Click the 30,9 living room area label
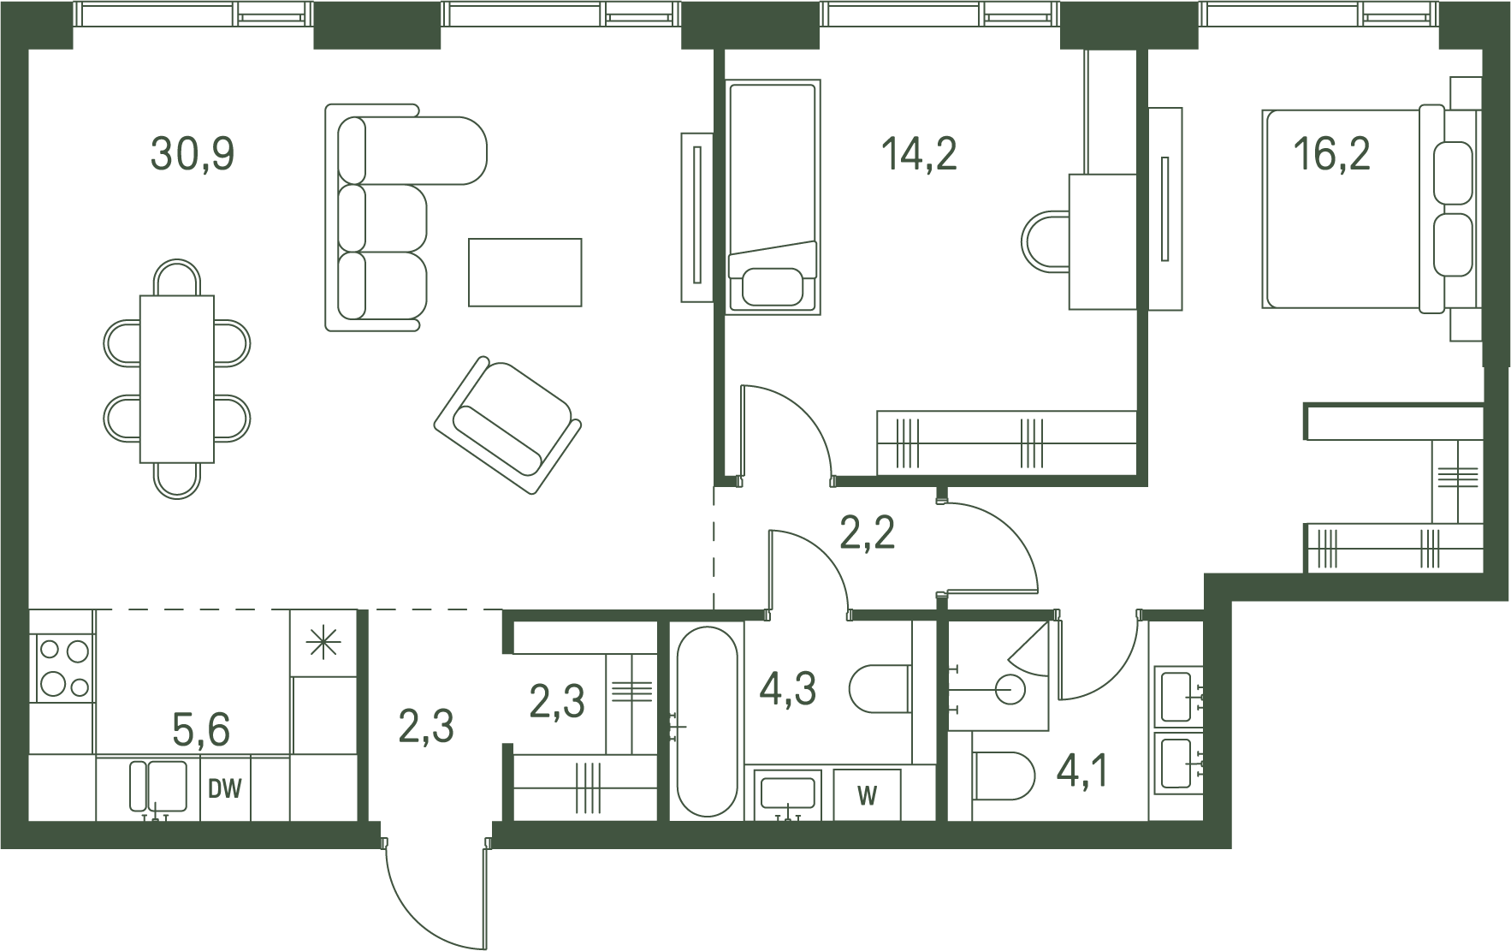(193, 155)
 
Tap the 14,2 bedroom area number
(919, 155)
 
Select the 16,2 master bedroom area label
(1331, 155)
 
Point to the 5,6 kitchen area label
(201, 730)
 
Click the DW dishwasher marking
(225, 789)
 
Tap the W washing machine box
(867, 795)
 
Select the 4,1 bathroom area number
(1083, 771)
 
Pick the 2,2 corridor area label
(867, 533)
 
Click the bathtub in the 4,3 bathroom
(707, 722)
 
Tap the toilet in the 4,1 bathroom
(1004, 776)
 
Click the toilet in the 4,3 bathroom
(880, 689)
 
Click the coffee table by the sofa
(525, 272)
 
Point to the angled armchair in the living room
(508, 425)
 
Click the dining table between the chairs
(177, 378)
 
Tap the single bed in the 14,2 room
(773, 197)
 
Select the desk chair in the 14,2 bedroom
(1046, 242)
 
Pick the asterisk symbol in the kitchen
(323, 643)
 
